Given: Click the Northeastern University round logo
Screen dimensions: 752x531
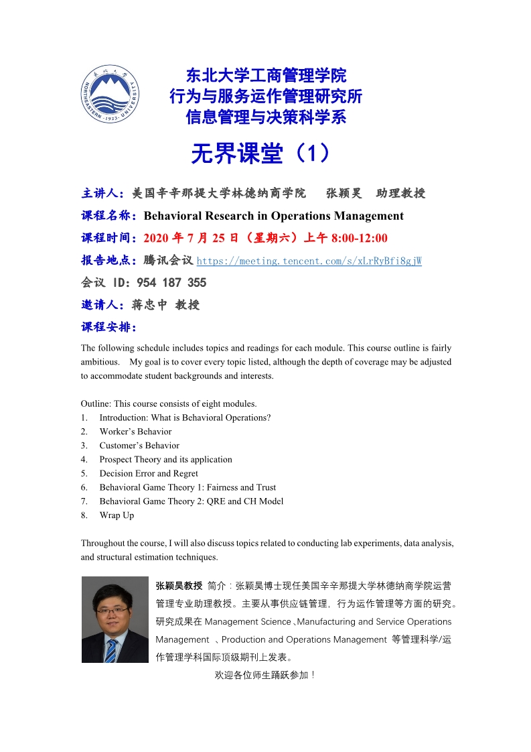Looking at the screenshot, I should pyautogui.click(x=111, y=98).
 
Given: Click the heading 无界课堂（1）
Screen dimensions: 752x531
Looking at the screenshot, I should pyautogui.click(x=260, y=154).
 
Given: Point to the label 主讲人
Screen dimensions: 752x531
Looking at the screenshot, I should pyautogui.click(x=100, y=194).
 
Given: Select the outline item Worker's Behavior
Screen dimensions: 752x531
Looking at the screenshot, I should pyautogui.click(x=135, y=432).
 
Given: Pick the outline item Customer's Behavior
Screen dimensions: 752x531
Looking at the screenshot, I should pyautogui.click(x=139, y=446).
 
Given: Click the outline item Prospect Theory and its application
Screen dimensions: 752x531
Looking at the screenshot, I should pyautogui.click(x=165, y=460).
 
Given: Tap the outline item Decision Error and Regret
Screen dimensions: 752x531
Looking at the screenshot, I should pyautogui.click(x=149, y=473).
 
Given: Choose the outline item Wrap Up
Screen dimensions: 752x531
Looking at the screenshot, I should pyautogui.click(x=117, y=515).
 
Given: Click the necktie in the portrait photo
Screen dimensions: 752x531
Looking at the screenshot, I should pyautogui.click(x=111, y=650).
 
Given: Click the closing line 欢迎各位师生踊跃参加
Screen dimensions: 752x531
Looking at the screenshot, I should pyautogui.click(x=264, y=675).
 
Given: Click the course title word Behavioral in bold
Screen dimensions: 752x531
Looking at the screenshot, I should pyautogui.click(x=175, y=216).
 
